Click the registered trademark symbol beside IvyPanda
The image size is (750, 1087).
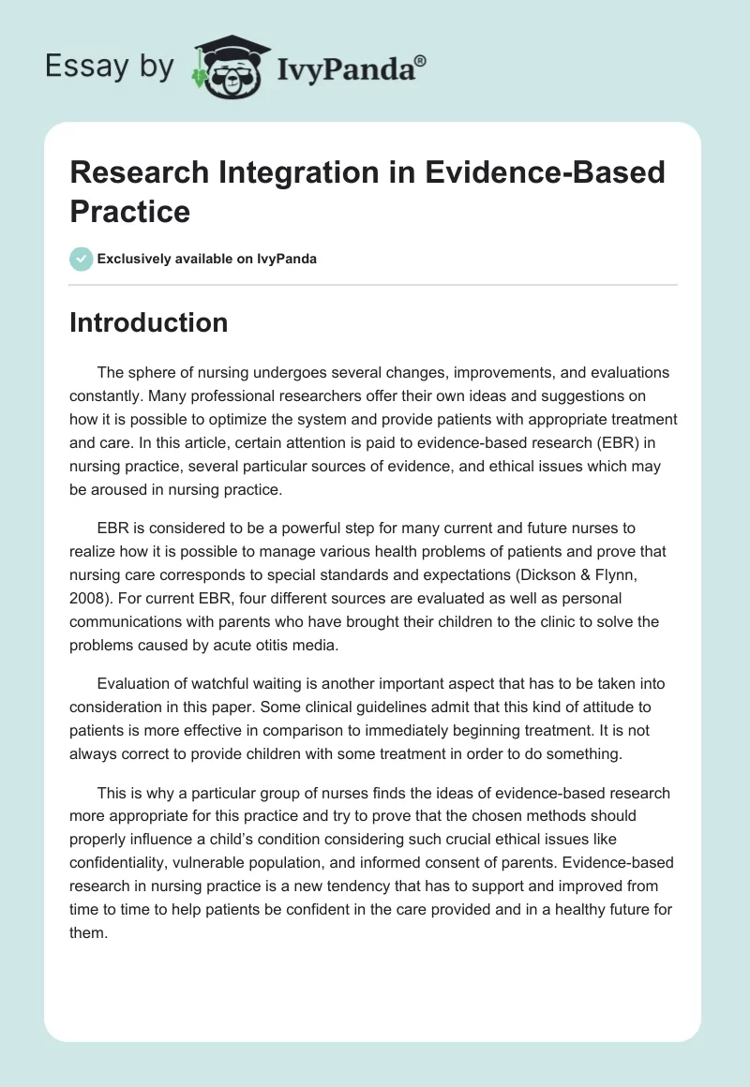[421, 60]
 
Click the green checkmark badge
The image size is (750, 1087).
[82, 259]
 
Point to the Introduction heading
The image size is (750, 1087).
[149, 322]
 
